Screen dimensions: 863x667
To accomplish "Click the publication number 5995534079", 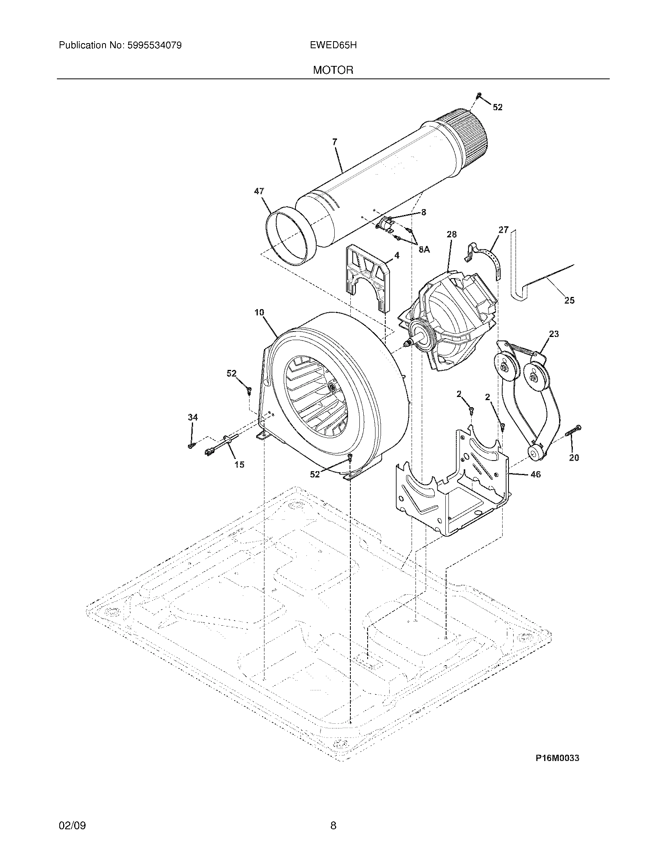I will coord(154,46).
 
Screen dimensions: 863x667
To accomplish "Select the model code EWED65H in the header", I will coord(333,46).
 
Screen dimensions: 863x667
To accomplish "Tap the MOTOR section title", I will coord(333,70).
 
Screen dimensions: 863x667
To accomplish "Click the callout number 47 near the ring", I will coord(259,191).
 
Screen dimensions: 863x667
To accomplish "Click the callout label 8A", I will coord(424,249).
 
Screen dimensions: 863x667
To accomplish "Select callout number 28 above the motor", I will coord(452,234).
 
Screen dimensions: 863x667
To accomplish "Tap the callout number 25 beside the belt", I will coord(569,300).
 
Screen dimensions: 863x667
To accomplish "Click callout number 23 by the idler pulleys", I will coord(554,334).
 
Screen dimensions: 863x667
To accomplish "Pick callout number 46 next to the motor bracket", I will coord(536,474).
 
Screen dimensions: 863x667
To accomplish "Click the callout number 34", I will coord(192,417).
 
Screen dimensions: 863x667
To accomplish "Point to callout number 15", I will coord(239,465).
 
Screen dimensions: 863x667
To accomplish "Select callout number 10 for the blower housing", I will coord(259,313).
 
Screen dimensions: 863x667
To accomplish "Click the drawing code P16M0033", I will coord(557,758).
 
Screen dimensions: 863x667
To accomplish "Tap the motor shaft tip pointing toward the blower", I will coord(405,344).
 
